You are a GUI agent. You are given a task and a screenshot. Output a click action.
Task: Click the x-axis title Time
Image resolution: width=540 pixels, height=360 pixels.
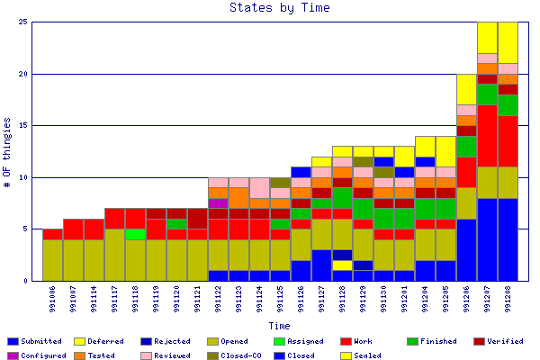pos(278,326)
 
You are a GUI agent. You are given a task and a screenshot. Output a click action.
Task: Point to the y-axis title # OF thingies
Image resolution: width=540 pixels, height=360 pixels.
pos(8,151)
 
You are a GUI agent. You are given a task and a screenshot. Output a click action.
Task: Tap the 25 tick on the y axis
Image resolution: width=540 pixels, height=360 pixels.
pos(23,22)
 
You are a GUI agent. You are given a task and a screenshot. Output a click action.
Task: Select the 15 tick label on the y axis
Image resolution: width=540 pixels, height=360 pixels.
pos(23,126)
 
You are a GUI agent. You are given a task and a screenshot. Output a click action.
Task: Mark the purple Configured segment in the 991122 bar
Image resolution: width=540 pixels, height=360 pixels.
pos(218,203)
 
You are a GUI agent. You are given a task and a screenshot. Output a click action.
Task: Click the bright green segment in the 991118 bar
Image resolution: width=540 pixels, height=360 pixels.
pos(135,234)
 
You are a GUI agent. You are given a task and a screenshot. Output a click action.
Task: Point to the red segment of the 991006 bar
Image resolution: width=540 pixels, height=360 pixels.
pos(52,234)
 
